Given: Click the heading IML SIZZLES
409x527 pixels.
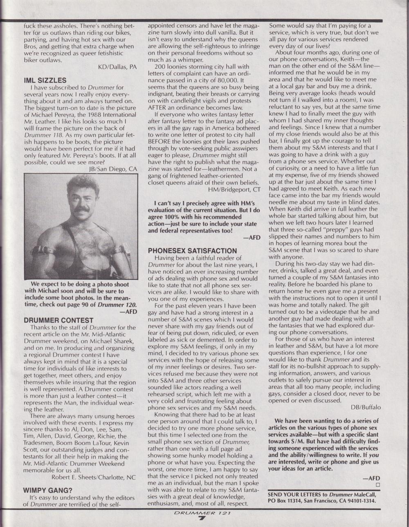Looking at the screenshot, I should (45, 80).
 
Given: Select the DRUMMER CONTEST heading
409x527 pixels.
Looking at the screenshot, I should (58, 320).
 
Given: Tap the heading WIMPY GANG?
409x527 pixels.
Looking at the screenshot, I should (47, 490).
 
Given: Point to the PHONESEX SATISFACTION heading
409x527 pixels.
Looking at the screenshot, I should (192, 250).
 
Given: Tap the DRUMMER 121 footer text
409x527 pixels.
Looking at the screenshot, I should (202, 513).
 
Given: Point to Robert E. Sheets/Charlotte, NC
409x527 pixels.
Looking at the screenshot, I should (94, 477).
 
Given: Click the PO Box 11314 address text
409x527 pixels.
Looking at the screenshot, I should (286, 501).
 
